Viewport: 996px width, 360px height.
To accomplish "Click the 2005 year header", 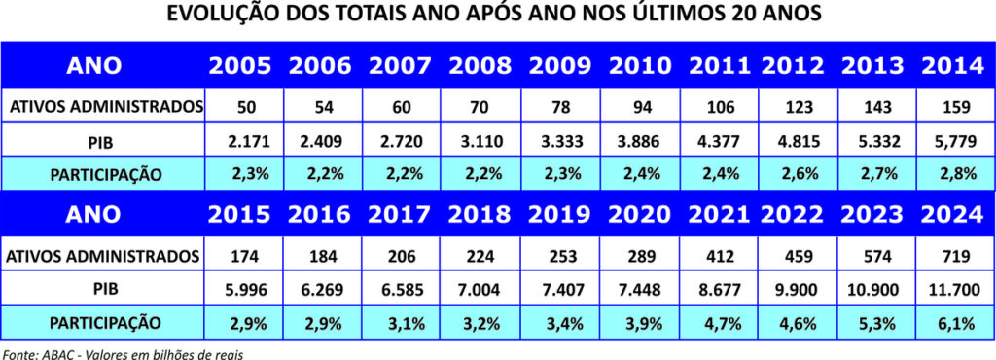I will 240,66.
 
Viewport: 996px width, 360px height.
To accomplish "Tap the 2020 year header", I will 639,213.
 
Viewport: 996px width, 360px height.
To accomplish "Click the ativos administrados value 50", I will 240,105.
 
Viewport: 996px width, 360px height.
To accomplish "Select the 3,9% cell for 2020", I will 639,323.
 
